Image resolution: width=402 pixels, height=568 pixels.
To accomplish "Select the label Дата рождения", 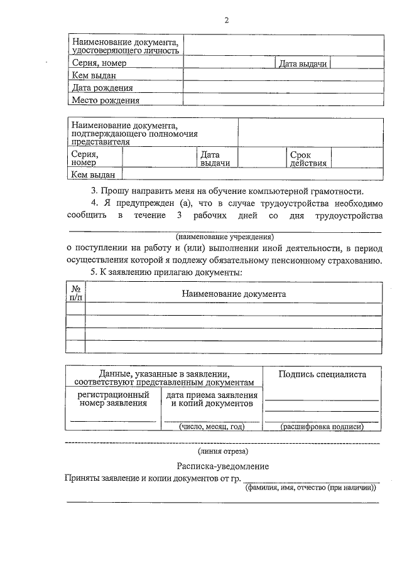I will (x=102, y=88).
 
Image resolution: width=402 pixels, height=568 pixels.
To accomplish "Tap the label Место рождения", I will (x=105, y=100).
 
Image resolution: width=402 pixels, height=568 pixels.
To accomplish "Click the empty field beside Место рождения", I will (x=282, y=100).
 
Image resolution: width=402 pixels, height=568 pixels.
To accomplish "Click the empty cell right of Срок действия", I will (x=356, y=158).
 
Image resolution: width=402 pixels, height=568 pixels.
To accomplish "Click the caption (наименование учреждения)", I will (x=225, y=237).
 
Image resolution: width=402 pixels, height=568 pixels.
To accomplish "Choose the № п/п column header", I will (x=75, y=293).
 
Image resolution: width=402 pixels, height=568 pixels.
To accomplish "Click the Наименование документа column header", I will (x=234, y=293).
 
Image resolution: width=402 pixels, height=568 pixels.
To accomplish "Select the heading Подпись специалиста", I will (x=322, y=375).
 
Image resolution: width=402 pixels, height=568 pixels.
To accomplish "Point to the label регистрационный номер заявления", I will (x=113, y=399).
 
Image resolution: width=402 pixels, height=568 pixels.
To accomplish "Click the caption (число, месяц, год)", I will (x=211, y=426).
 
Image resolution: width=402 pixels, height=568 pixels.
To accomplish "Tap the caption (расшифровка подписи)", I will (x=322, y=426).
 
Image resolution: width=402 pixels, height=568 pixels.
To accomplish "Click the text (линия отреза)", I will (x=222, y=451).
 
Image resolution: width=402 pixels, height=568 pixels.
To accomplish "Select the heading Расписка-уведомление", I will (x=222, y=466).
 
